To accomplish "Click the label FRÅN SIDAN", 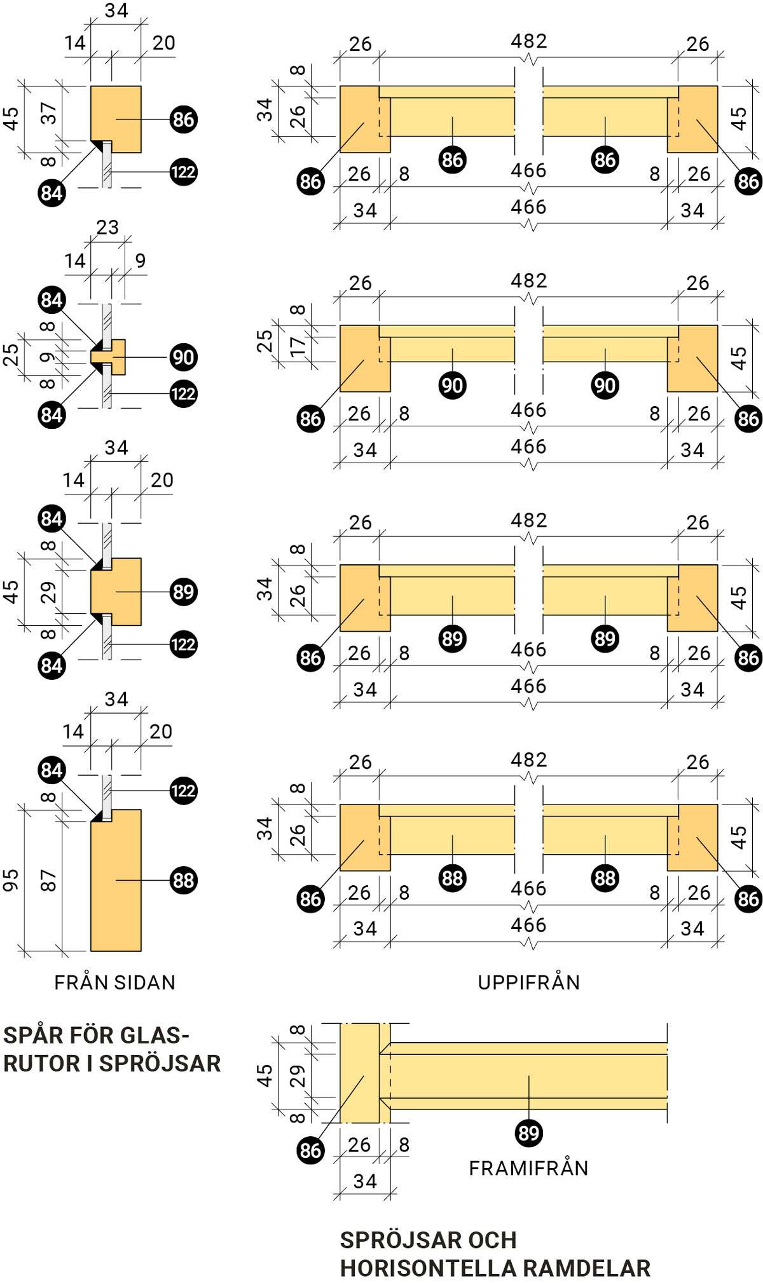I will [x=114, y=982].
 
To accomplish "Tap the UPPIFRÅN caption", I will [x=528, y=982].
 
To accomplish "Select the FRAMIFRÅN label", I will [x=528, y=1168].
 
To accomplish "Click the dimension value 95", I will [x=11, y=879].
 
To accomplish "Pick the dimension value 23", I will [x=107, y=227].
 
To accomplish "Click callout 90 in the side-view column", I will [x=183, y=357].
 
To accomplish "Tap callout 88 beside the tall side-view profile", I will [x=183, y=880].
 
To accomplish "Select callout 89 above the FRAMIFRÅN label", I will [x=528, y=1133].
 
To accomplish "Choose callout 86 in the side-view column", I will [x=183, y=119].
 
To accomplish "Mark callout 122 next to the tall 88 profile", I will [x=183, y=791].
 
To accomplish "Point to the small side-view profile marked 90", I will [x=118, y=356].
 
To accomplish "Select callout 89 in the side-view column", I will [x=183, y=592].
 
